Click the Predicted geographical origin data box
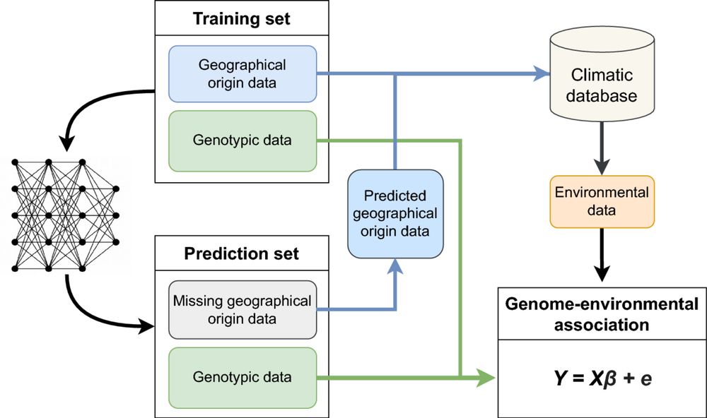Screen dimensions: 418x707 [x=395, y=213]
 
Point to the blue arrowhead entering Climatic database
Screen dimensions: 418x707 [x=542, y=73]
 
